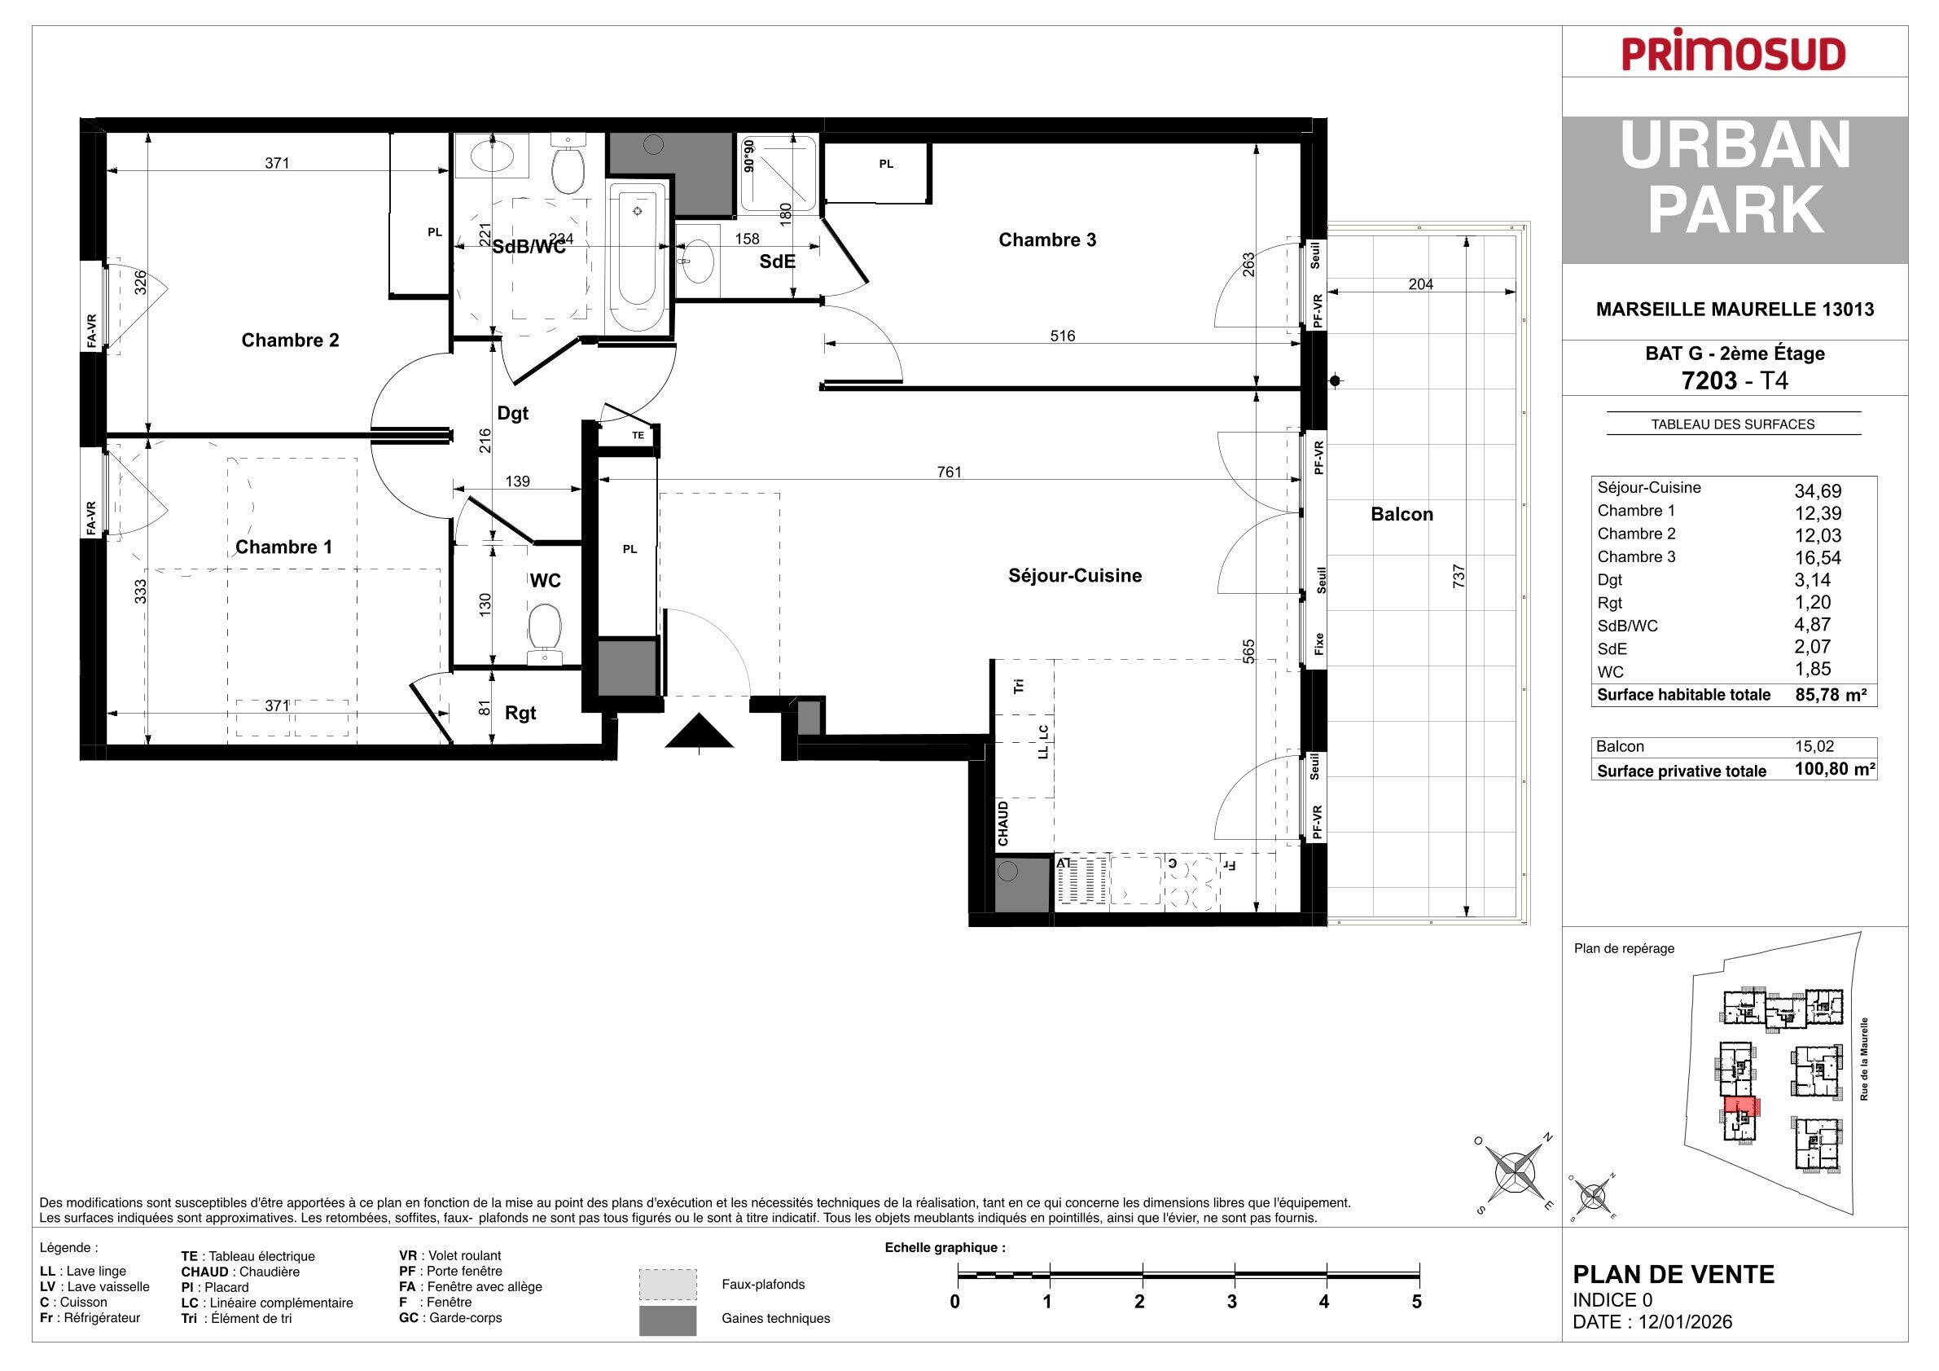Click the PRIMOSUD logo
click(1734, 55)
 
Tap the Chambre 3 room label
click(1047, 239)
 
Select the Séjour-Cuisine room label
click(1075, 576)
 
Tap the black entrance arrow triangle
click(699, 731)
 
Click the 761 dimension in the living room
click(950, 472)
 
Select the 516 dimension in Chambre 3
click(1063, 336)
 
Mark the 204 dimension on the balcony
click(1420, 284)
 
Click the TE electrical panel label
click(638, 436)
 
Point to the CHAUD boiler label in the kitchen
click(1003, 824)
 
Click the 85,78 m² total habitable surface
click(1830, 695)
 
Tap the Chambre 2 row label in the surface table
click(1637, 534)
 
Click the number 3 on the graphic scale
click(1232, 1302)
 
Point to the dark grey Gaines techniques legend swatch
click(668, 1320)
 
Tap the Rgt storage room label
click(520, 714)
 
